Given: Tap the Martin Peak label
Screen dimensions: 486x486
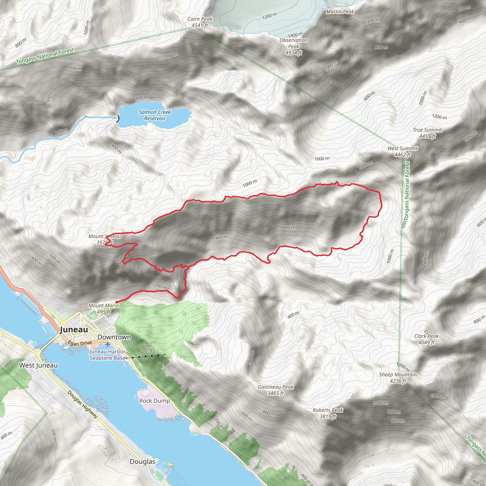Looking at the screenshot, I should pos(340,12).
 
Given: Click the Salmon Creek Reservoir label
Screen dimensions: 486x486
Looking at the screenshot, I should pos(155,115).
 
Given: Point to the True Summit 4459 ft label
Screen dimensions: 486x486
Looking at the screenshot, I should pos(427,133).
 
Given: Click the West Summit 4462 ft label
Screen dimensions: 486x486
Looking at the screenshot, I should pos(402,151).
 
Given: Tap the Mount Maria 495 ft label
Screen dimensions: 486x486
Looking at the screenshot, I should pos(103,309).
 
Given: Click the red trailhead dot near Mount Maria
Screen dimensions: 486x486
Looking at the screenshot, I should pos(117,302).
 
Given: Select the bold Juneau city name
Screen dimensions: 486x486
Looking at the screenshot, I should pos(74,330).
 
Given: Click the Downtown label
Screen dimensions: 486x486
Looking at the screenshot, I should pos(114,337).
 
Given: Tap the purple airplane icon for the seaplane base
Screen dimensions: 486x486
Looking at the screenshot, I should pos(108,344).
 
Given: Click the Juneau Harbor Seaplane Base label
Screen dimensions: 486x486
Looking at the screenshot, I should pos(107,355).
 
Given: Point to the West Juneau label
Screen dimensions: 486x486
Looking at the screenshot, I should pos(38,365).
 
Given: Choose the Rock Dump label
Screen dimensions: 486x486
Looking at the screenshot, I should pos(154,401).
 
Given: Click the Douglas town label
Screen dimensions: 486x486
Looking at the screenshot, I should pos(142,462).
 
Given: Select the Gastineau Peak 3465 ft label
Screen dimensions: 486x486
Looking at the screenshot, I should pos(276,390).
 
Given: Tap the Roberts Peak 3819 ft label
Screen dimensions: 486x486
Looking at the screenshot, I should pos(328,413).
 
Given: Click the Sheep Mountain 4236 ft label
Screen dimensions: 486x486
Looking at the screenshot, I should pos(398,378).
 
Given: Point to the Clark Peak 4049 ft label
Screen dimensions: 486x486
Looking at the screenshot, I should pos(426,339).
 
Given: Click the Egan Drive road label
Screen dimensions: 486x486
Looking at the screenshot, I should pos(80,343).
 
